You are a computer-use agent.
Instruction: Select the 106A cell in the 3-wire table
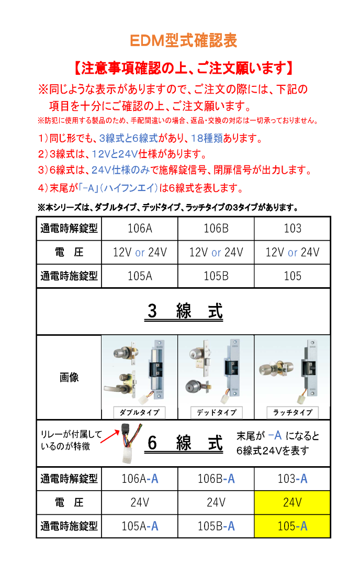click(140, 229)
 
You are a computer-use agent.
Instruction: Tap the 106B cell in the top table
click(216, 229)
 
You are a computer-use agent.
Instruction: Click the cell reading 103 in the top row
click(292, 229)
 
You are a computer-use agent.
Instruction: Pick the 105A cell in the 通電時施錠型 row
click(140, 276)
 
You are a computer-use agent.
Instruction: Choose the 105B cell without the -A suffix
click(216, 276)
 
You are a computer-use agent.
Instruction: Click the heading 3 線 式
click(185, 311)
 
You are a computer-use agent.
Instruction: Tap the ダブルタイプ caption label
click(139, 412)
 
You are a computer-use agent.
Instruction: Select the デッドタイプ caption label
click(216, 412)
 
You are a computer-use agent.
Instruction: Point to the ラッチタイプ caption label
click(292, 412)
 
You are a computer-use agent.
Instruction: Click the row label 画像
click(69, 377)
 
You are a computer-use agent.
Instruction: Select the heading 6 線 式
click(185, 444)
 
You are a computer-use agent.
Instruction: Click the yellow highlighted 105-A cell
click(292, 526)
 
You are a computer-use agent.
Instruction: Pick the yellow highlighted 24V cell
click(292, 503)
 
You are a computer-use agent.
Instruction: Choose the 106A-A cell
click(140, 479)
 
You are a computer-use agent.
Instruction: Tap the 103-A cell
click(292, 479)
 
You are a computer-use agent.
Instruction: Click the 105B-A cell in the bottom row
click(216, 526)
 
